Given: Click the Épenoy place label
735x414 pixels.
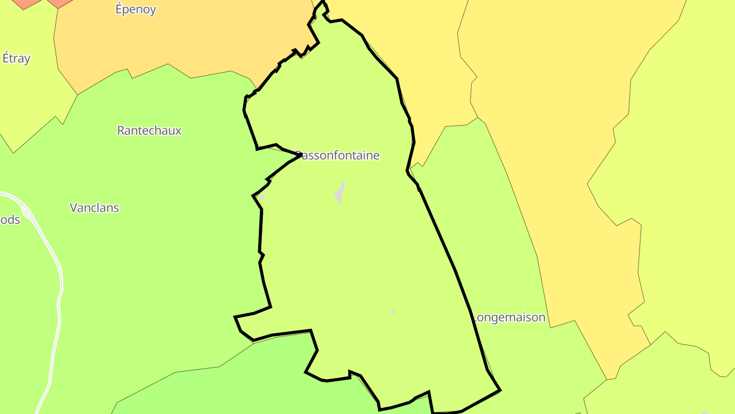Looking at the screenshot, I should tap(135, 9).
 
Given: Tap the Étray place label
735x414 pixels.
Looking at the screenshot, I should tap(16, 58).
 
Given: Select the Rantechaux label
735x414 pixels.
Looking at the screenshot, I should tap(149, 130).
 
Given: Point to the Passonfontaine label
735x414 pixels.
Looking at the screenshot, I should tap(338, 155).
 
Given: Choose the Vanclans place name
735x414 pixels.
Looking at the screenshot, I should tap(94, 208).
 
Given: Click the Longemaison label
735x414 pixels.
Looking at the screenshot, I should tap(509, 317).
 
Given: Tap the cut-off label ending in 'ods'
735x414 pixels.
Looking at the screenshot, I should tap(10, 220).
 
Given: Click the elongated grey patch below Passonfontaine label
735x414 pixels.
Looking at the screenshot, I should tap(339, 193).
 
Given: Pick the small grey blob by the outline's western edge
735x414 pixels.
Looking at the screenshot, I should tap(262, 197).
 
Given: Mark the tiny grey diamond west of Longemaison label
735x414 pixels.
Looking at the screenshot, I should tap(393, 311).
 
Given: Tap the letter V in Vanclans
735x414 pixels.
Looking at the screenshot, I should tap(73, 208).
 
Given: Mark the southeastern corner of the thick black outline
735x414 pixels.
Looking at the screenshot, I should tap(500, 390).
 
